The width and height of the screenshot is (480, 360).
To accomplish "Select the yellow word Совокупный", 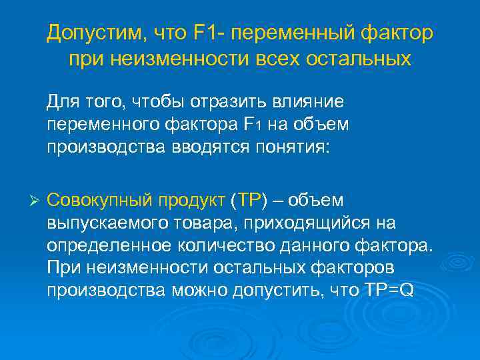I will pyautogui.click(x=99, y=200).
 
